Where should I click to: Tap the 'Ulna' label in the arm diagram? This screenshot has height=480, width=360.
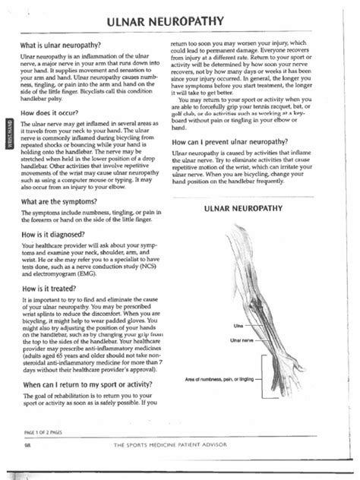(227, 326)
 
